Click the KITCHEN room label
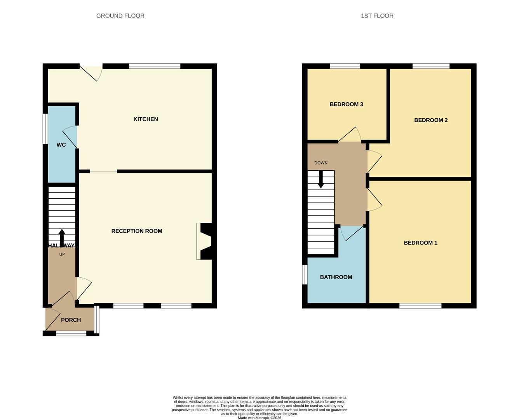146,119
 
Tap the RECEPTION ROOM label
137,231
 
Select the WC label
61,145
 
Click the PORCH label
71,320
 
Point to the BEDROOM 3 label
346,104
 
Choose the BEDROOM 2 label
431,120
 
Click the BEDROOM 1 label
420,243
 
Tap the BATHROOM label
336,277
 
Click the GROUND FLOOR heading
120,16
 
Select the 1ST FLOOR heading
377,16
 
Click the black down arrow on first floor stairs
321,180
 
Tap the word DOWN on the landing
321,163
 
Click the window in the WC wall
45,129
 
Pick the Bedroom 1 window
420,306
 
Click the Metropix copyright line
259,418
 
